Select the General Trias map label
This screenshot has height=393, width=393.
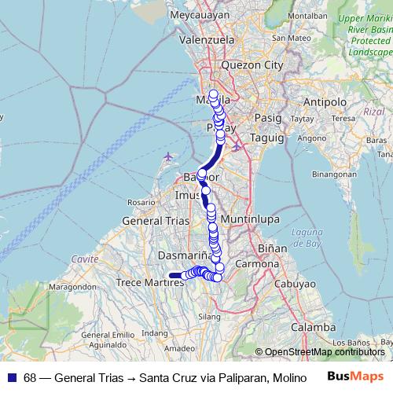156,222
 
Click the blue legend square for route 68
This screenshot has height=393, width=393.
12,378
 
